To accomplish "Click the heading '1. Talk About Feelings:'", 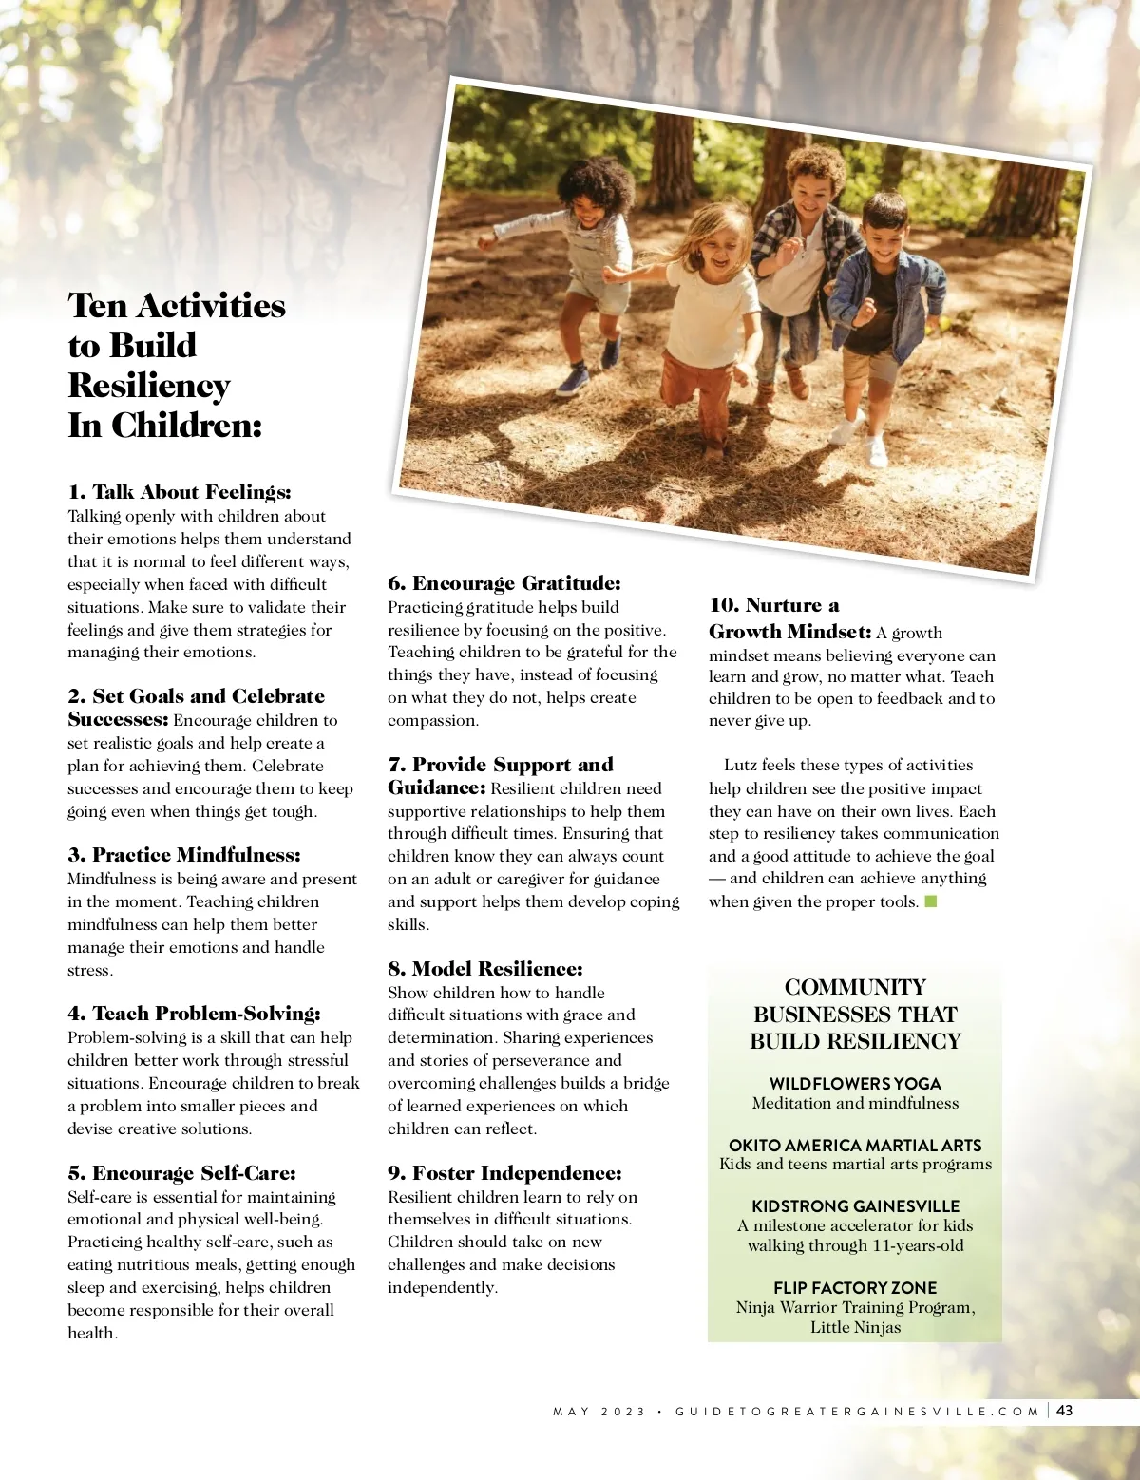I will (x=180, y=492).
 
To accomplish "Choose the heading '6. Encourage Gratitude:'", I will (x=504, y=583).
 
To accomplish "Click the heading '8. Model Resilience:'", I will (x=485, y=969).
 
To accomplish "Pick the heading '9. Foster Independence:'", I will (x=504, y=1173).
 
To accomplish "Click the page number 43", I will (x=1065, y=1411).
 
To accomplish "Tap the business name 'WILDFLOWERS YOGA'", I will (x=855, y=1084).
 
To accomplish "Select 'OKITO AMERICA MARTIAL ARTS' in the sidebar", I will (x=855, y=1146).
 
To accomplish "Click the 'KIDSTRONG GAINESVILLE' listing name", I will (x=855, y=1206).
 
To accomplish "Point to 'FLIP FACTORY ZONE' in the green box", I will (x=855, y=1288).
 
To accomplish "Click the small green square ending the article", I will (x=931, y=901).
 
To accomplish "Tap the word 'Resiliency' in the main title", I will (x=149, y=386).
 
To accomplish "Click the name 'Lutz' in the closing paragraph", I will (x=740, y=766).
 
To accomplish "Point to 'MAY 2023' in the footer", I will (x=598, y=1412).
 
